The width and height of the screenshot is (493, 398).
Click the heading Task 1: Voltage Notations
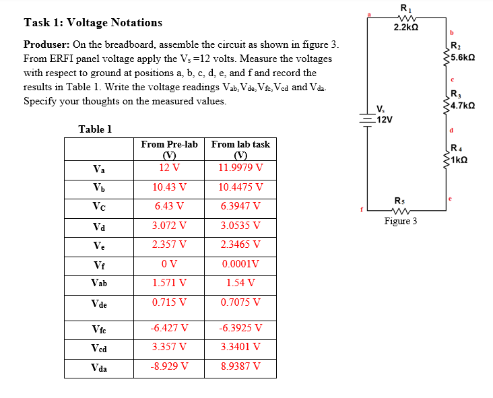point(93,22)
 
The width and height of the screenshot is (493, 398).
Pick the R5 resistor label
point(401,200)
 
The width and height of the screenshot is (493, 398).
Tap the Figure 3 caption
point(401,221)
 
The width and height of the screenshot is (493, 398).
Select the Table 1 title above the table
point(95,129)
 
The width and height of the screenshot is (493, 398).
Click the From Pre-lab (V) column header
point(169,149)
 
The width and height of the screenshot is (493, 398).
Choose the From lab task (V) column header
point(240,149)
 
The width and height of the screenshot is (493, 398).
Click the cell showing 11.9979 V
point(240,167)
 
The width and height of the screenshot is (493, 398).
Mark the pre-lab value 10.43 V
point(169,187)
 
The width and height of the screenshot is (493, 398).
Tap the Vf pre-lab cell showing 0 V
point(169,264)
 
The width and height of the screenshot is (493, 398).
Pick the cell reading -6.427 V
point(169,329)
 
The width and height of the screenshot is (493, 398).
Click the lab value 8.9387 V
point(240,367)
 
